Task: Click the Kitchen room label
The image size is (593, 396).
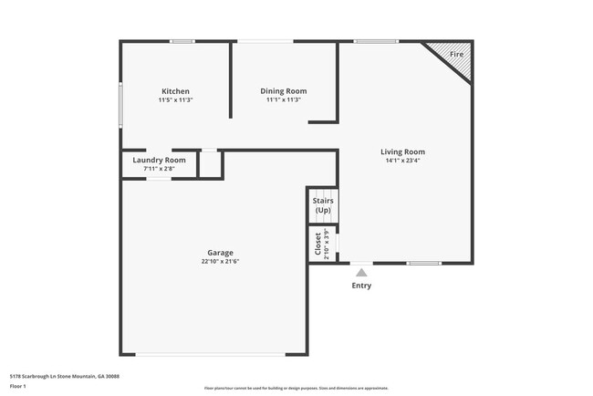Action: point(175,91)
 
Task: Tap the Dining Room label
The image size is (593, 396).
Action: point(284,91)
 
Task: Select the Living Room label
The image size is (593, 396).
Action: point(402,151)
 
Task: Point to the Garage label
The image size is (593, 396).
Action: point(220,253)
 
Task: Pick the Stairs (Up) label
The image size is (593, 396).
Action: point(322,205)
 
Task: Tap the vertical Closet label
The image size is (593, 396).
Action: point(318,245)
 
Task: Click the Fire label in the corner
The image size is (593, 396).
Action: point(457,55)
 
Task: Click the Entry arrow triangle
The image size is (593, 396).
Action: point(361,272)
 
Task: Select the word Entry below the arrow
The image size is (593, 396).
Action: point(361,286)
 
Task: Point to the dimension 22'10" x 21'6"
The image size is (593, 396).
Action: point(220,261)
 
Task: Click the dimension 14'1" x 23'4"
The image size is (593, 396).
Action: point(402,161)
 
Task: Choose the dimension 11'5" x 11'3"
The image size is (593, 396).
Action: point(175,100)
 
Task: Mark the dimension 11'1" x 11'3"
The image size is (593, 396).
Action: point(284,100)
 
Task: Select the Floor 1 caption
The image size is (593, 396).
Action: point(19,387)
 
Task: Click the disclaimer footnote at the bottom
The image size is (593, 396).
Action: point(296,388)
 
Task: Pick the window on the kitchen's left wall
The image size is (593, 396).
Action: point(120,104)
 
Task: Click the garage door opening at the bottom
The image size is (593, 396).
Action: point(221,355)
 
